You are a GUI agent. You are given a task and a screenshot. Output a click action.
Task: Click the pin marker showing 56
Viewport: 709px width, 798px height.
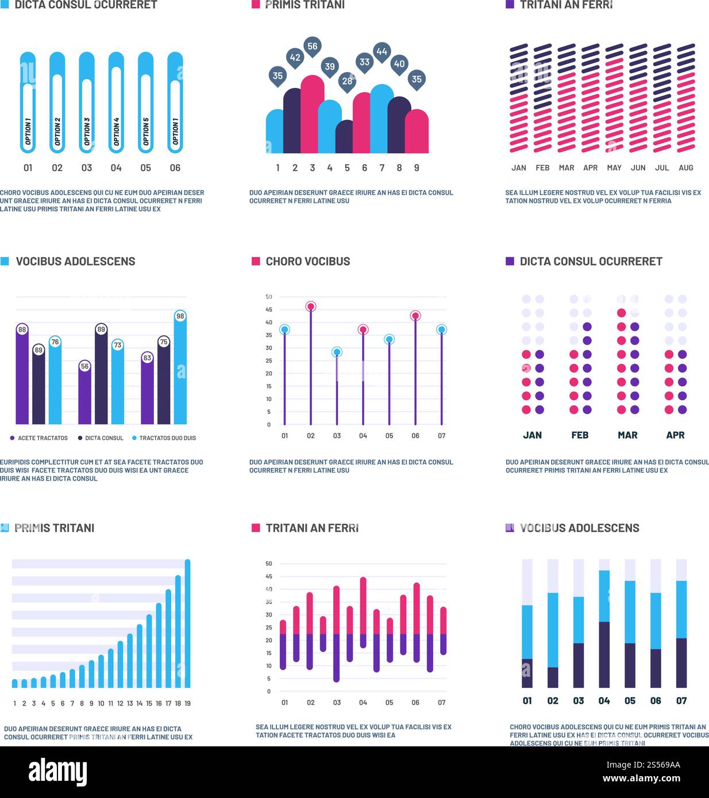pos(312,47)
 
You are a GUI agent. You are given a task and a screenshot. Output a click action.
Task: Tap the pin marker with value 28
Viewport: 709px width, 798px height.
pos(347,81)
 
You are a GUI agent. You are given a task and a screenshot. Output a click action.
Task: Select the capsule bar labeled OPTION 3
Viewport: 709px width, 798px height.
pos(87,103)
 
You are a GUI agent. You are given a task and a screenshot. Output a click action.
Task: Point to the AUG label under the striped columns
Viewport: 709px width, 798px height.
pos(685,168)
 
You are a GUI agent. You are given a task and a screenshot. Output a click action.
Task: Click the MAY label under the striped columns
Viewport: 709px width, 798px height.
pos(614,168)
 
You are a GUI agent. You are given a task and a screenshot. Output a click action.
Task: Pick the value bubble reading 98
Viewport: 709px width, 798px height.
pos(180,316)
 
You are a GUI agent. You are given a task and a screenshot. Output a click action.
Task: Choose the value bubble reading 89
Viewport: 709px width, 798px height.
pos(101,330)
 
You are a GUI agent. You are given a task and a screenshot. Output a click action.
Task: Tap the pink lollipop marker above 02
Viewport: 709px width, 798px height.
pos(311,307)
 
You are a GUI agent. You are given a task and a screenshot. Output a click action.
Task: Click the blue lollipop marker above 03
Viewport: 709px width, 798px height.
pos(337,352)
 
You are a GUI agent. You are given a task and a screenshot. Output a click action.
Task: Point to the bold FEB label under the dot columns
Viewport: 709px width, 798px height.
pos(580,435)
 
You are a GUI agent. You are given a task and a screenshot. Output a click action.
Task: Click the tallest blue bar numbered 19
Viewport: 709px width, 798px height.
pos(187,623)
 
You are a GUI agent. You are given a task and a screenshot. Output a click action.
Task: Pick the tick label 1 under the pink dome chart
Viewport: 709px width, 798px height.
pos(278,168)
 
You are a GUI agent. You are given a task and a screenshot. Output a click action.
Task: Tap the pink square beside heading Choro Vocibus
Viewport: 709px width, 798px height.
pos(256,261)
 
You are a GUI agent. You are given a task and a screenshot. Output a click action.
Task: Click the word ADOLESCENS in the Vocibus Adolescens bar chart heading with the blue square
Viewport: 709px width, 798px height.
pos(100,261)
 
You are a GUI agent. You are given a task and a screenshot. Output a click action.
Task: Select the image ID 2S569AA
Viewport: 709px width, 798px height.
pos(660,765)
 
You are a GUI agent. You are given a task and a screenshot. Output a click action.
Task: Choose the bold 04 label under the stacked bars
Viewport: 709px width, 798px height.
pos(604,700)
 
